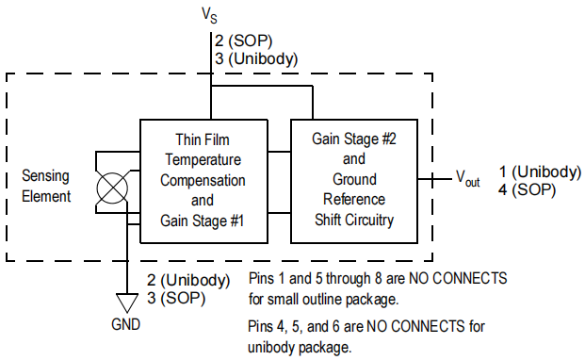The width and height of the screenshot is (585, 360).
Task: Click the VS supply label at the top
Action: [209, 16]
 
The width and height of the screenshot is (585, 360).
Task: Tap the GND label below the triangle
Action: [125, 324]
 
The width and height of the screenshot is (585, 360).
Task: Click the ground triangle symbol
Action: [127, 303]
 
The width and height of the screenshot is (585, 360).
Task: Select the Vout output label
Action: [468, 179]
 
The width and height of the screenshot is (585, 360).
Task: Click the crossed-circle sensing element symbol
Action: [112, 188]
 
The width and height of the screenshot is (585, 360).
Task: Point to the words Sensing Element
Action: [46, 187]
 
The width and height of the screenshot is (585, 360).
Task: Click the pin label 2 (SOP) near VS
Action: [243, 41]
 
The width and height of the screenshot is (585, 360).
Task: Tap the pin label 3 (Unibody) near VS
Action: [256, 59]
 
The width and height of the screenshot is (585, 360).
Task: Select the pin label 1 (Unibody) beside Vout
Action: [540, 172]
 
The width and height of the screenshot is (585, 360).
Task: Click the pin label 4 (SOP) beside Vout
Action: [527, 189]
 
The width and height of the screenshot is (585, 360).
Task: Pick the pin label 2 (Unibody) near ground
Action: [188, 280]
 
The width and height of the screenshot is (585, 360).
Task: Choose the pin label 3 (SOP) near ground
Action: [176, 298]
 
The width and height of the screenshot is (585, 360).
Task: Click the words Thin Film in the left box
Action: [203, 139]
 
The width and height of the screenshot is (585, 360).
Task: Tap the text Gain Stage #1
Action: [202, 221]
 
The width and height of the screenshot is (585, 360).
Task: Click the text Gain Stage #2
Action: [353, 139]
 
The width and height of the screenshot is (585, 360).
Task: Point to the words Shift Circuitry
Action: [354, 220]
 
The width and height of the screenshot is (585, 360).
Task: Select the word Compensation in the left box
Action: [203, 181]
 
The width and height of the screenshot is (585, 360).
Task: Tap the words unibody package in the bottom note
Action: [300, 348]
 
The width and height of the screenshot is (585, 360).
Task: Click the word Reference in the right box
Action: [354, 199]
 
